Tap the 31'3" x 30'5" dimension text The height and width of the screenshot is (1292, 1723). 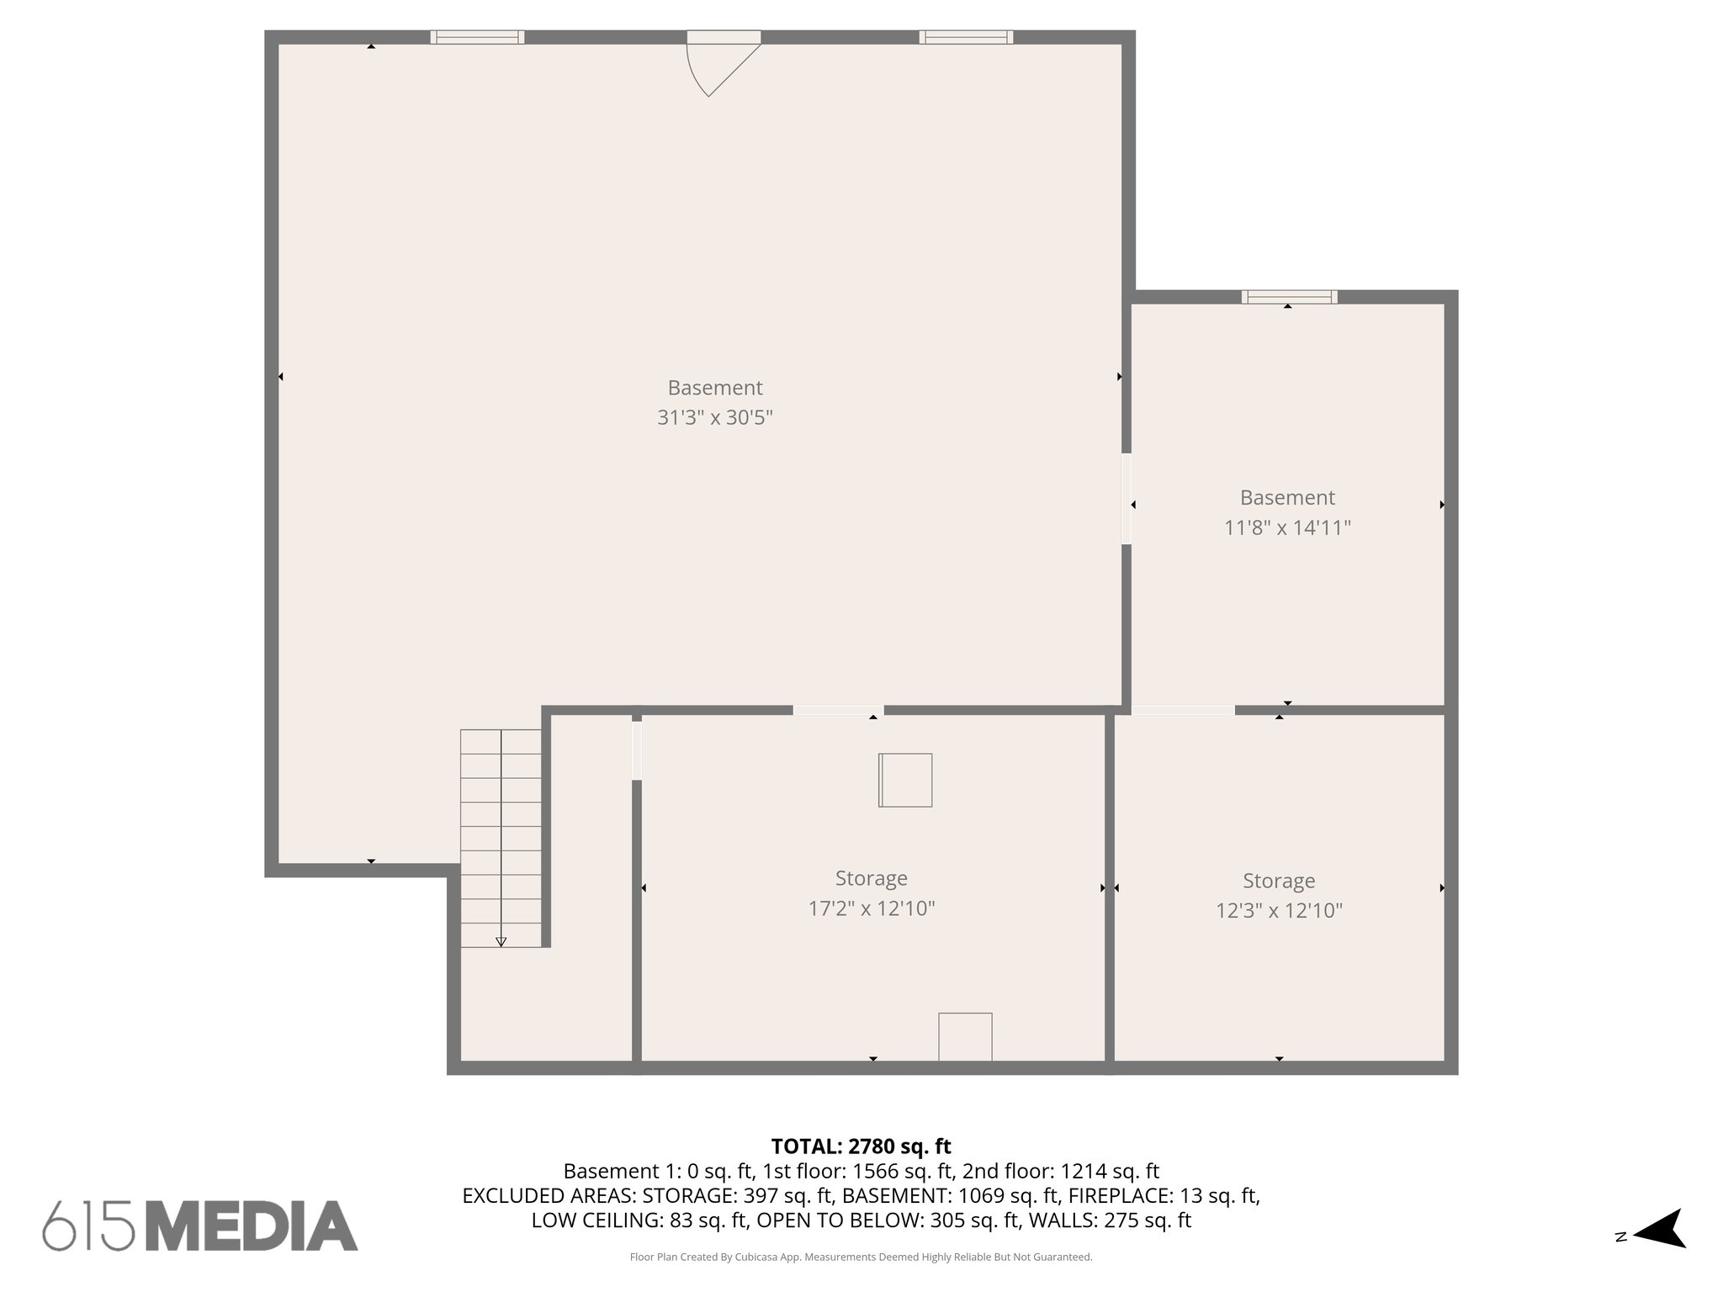[x=714, y=418]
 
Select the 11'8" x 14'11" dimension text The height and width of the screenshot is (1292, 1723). [x=1287, y=528]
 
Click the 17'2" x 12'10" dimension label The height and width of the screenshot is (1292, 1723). [x=872, y=908]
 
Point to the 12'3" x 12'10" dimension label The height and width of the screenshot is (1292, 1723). [x=1279, y=911]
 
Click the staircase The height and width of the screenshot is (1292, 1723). [x=501, y=837]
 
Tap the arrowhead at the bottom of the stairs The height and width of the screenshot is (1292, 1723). [x=501, y=942]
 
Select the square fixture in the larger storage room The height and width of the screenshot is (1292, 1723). [x=905, y=780]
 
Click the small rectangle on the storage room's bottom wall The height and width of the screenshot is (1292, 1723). [x=965, y=1036]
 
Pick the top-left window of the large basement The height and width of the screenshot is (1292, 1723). [x=477, y=37]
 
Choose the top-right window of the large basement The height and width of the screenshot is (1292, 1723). [x=966, y=37]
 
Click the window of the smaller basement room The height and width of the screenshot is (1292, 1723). [x=1289, y=297]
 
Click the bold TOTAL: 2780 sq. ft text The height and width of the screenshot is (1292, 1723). [x=861, y=1146]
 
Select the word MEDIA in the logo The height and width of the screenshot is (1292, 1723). [x=252, y=1226]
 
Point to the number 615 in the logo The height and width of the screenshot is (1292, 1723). [x=88, y=1226]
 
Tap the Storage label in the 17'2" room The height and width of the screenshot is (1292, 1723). [x=871, y=878]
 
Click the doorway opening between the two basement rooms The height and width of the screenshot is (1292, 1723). [x=1126, y=499]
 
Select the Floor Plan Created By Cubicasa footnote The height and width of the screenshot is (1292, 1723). [x=861, y=1258]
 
